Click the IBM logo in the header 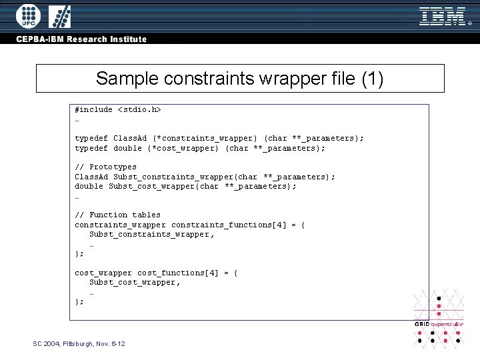(x=443, y=16)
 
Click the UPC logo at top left (x=28, y=16)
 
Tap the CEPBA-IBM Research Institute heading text (x=81, y=39)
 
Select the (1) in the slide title (x=372, y=79)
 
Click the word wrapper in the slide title (x=277, y=79)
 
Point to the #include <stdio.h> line (x=118, y=109)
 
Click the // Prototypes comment (x=105, y=167)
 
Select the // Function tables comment (x=117, y=215)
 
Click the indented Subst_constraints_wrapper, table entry (x=152, y=234)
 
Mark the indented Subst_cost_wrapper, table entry (x=135, y=282)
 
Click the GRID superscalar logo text (x=439, y=324)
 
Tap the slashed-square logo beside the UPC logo (x=61, y=16)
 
